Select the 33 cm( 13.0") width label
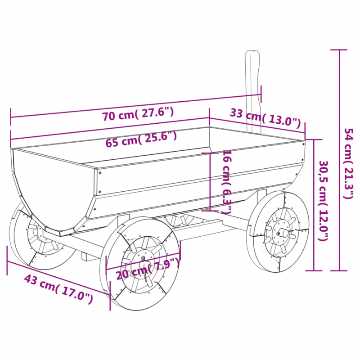click(265, 117)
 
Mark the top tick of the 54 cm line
click(339, 49)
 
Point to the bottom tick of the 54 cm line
click(339, 271)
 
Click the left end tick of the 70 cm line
click(11, 118)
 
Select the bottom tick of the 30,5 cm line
click(314, 271)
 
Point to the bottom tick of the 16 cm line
click(210, 210)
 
